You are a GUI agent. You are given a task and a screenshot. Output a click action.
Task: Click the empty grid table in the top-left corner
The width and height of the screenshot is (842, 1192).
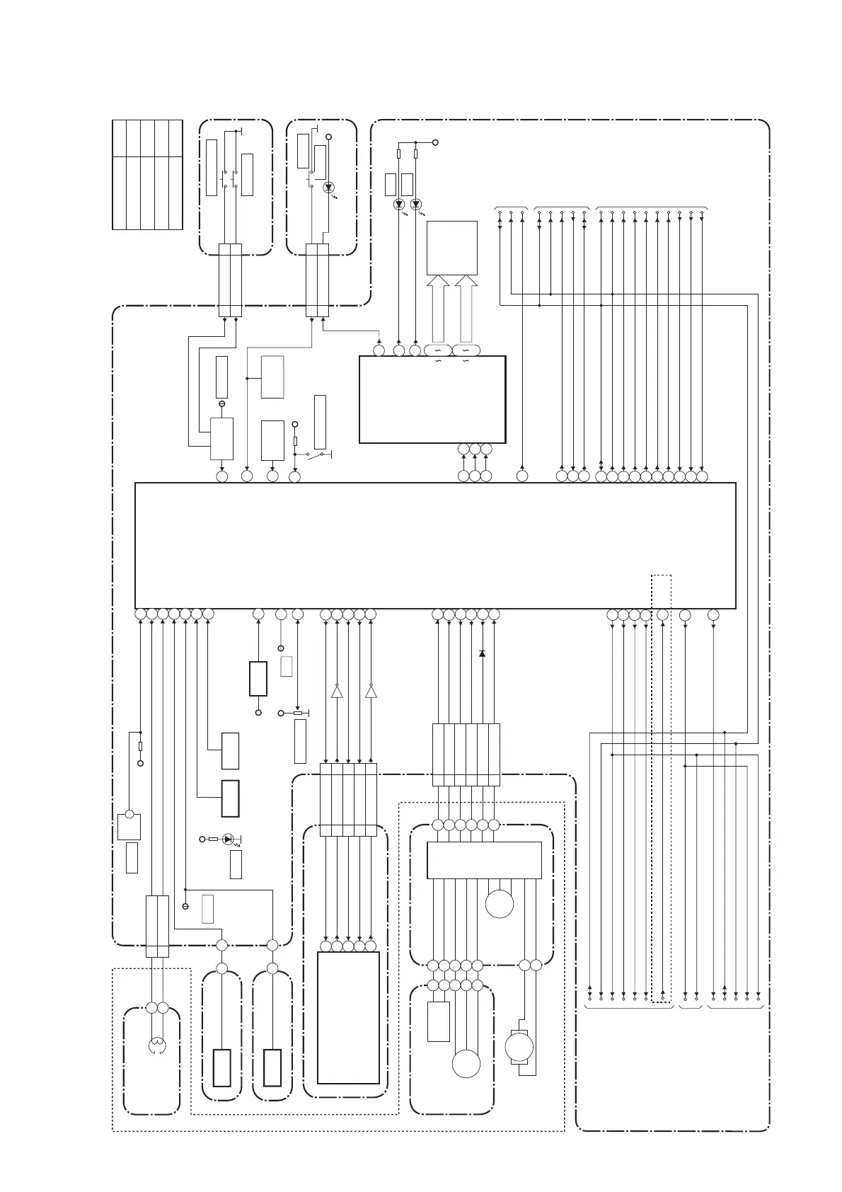(x=147, y=174)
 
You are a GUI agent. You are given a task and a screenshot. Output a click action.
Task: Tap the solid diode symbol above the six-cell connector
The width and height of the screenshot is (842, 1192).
(x=483, y=653)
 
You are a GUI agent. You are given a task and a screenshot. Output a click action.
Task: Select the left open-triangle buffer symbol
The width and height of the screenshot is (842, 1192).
(x=337, y=691)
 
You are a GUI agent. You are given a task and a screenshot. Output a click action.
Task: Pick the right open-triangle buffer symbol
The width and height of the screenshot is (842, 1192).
(x=371, y=691)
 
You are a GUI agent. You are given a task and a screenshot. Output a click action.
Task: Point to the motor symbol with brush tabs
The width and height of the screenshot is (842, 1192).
(x=519, y=1047)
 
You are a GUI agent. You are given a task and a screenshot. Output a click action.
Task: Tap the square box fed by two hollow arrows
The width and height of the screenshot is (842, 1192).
(x=451, y=248)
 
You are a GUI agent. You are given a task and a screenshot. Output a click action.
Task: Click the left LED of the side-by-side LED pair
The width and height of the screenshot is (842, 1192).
(x=399, y=205)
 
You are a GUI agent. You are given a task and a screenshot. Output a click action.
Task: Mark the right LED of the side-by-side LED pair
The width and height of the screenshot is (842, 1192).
(x=415, y=205)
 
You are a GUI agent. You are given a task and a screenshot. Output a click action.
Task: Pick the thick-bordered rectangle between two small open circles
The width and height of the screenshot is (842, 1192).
(x=258, y=679)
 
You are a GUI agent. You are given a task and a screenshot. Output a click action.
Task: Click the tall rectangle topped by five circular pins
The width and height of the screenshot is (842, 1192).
(x=348, y=1018)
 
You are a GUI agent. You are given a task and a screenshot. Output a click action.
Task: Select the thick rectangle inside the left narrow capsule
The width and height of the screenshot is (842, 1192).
(x=221, y=1068)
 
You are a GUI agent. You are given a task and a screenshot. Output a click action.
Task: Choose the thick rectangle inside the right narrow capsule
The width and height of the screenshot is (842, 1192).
(x=272, y=1068)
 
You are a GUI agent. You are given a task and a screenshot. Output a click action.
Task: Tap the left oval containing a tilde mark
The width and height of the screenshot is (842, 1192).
(x=437, y=350)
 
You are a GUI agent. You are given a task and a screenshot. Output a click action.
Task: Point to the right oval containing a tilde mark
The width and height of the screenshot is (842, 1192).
(x=466, y=350)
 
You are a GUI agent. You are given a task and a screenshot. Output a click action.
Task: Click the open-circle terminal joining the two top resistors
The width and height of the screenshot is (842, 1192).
(x=435, y=142)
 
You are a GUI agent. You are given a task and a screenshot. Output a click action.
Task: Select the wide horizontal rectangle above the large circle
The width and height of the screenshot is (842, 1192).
(x=484, y=860)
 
